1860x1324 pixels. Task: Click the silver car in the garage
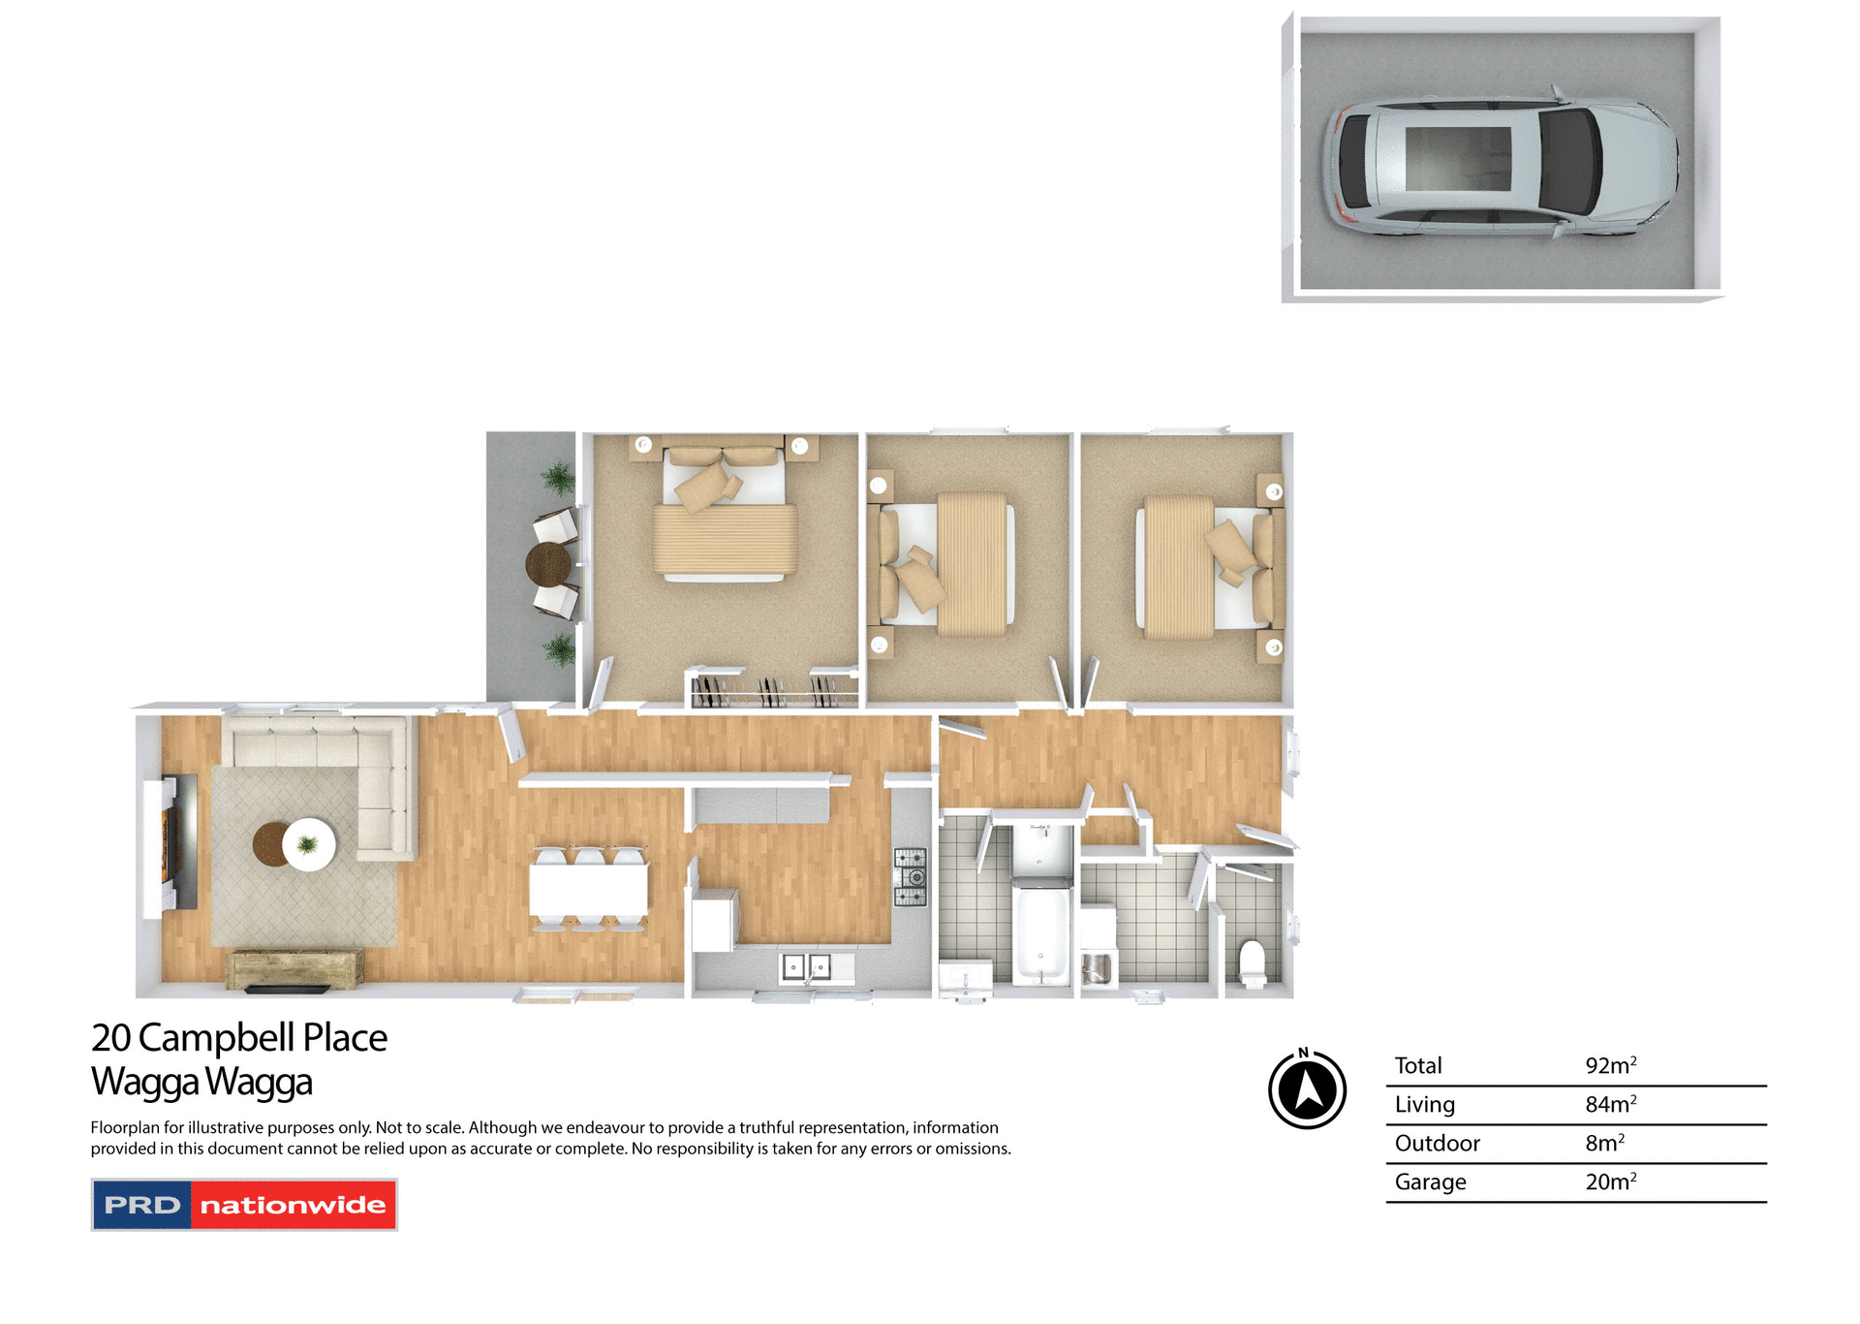[1502, 161]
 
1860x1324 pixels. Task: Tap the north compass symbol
[1307, 1089]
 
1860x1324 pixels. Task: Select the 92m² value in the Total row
[1610, 1065]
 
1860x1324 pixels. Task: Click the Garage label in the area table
[1430, 1182]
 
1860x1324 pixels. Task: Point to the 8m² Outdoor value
[1604, 1143]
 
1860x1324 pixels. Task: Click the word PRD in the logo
[142, 1205]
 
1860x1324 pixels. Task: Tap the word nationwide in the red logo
[293, 1205]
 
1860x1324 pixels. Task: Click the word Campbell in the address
[216, 1037]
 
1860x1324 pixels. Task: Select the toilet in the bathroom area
[1253, 961]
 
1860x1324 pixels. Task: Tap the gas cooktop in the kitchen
[910, 876]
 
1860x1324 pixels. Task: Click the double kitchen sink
[806, 966]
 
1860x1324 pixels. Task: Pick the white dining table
[588, 889]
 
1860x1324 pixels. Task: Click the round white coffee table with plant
[308, 844]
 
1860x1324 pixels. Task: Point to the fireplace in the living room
[174, 841]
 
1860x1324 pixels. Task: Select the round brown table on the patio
[548, 563]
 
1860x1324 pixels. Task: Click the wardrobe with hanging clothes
[773, 690]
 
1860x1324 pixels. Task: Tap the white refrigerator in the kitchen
[714, 922]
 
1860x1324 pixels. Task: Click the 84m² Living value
[1610, 1104]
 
